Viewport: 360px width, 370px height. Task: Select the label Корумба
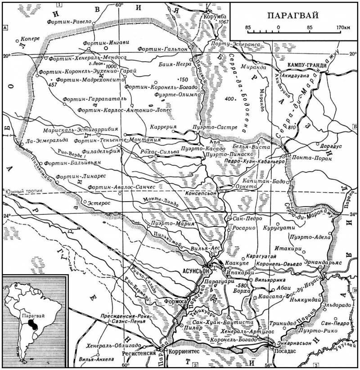(x=215, y=17)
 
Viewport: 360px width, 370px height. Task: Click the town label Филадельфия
(x=105, y=151)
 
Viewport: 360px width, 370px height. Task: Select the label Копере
(x=30, y=39)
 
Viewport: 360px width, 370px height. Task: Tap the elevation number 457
(x=53, y=84)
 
